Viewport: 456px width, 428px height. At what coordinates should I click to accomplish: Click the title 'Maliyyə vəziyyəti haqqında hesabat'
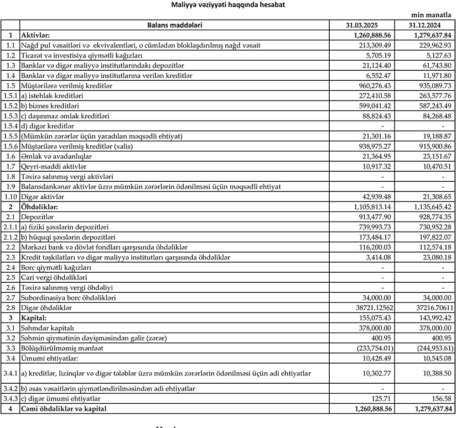point(228,5)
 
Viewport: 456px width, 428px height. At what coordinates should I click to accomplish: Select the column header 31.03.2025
point(362,25)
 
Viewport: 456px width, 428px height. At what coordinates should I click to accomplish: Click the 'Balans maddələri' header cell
point(175,25)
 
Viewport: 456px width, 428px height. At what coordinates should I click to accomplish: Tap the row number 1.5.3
point(10,116)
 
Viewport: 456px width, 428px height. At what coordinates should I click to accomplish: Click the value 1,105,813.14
point(372,207)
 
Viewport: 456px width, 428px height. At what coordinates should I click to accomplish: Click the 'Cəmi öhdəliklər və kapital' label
point(64,409)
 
